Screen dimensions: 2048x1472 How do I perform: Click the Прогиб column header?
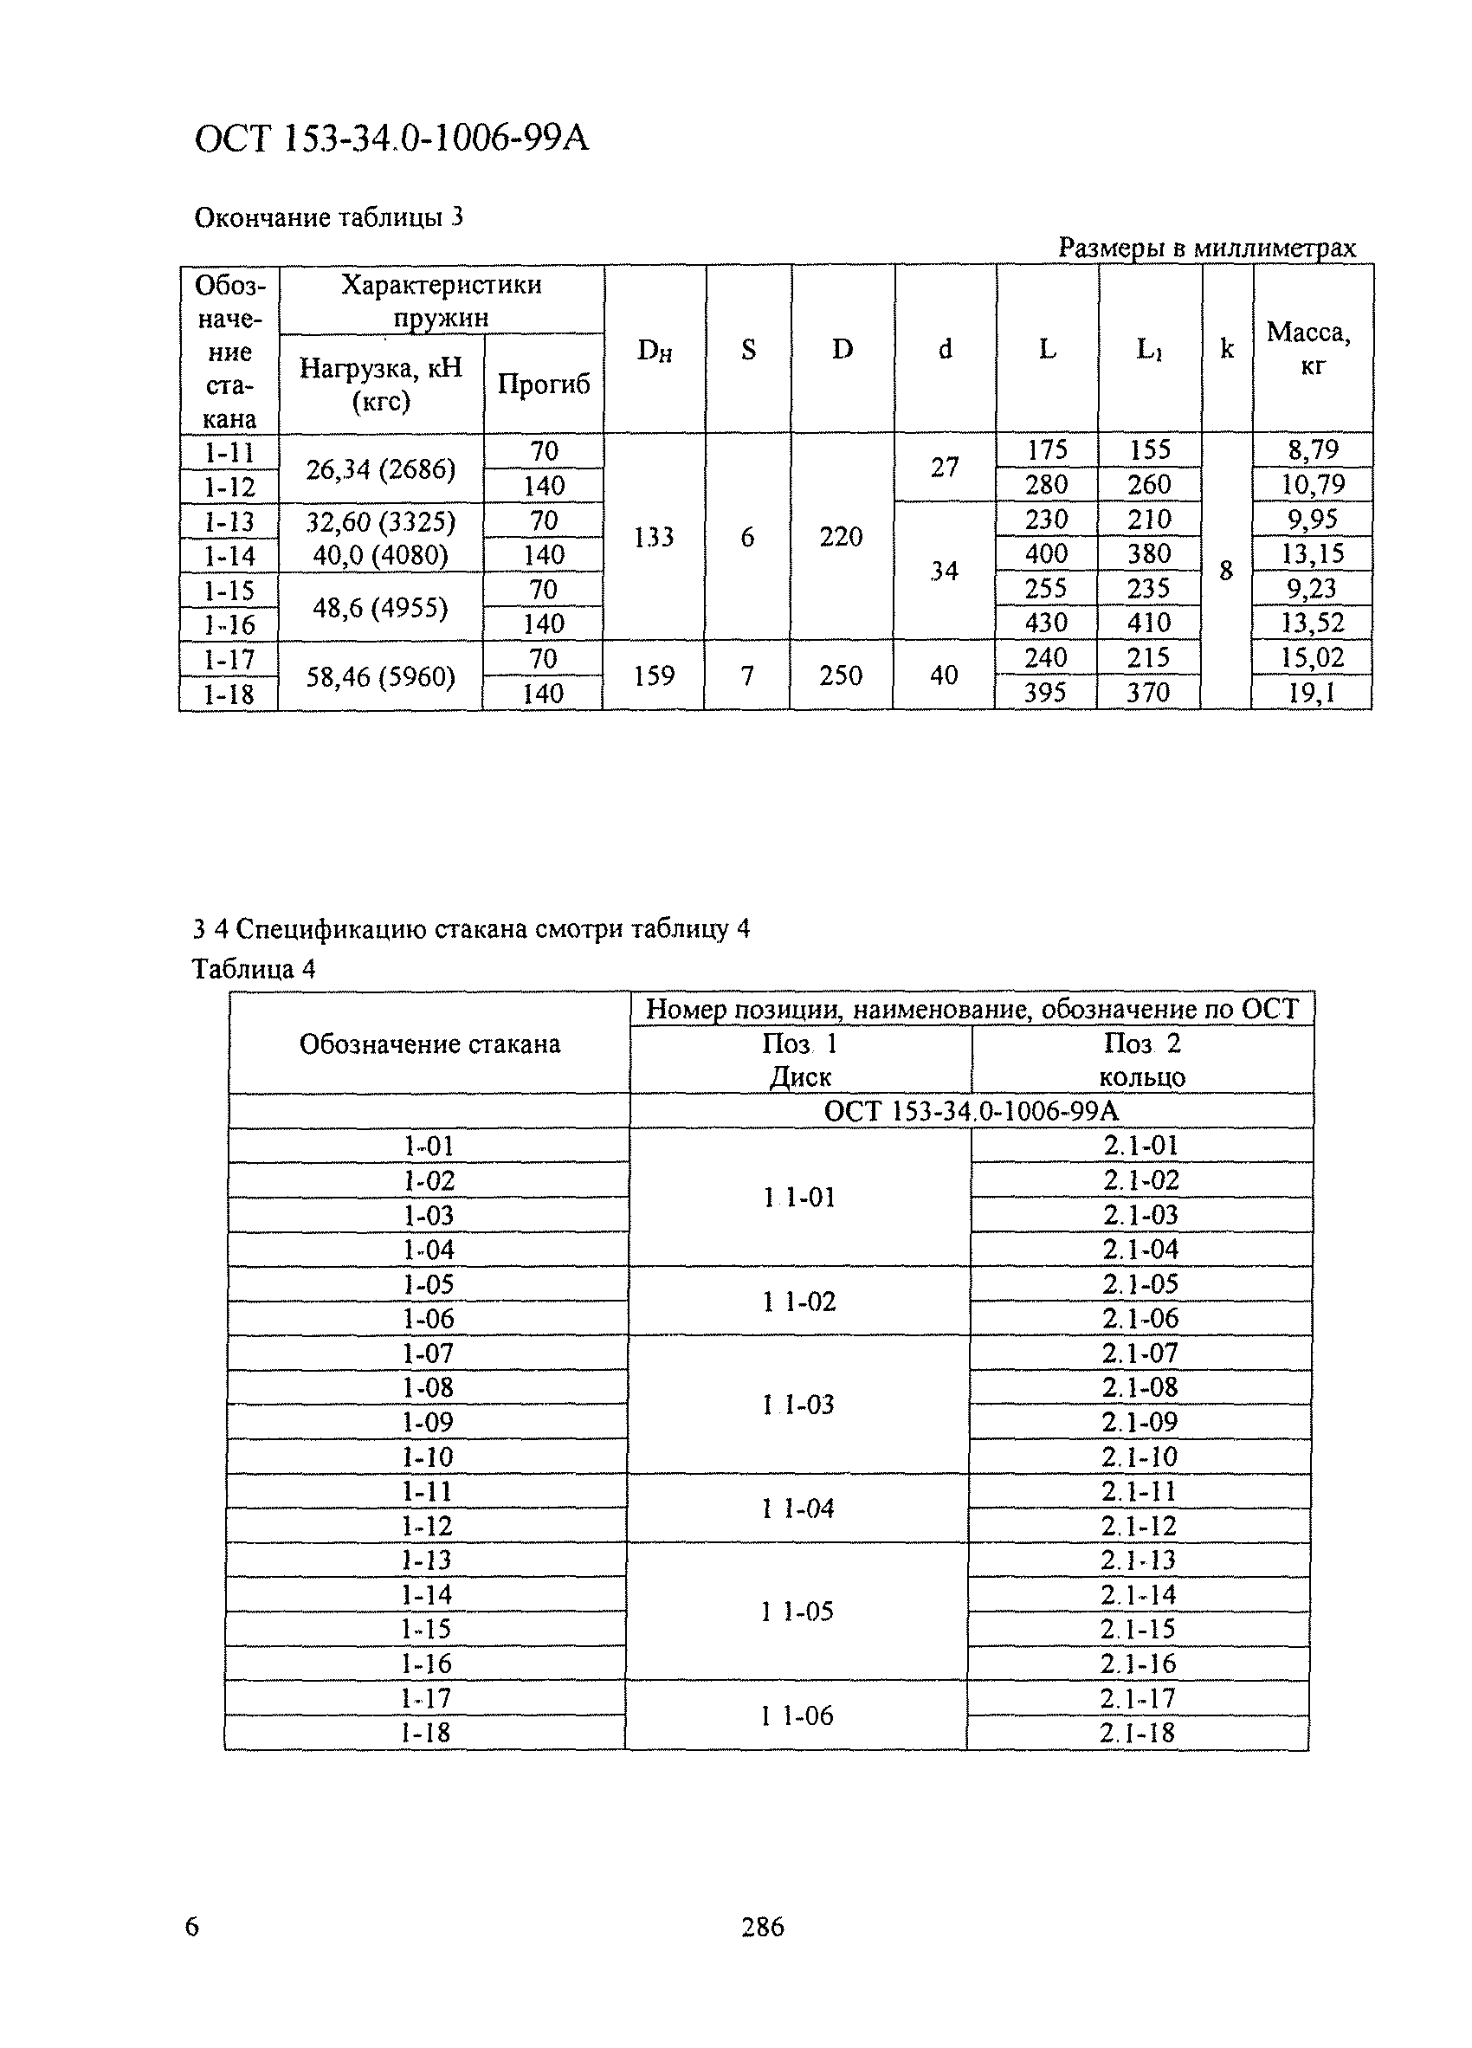(543, 384)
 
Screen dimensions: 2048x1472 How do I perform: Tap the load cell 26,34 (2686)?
(380, 468)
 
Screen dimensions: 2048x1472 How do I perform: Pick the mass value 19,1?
(1311, 693)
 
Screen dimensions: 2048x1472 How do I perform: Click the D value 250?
(840, 675)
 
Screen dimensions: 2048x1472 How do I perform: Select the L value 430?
(1046, 623)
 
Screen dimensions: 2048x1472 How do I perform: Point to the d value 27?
(944, 468)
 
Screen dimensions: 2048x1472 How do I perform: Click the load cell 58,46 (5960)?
(380, 676)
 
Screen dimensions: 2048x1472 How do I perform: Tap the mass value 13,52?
(1312, 623)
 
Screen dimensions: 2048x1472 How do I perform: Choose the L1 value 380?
(1148, 553)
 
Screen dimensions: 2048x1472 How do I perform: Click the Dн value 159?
(653, 675)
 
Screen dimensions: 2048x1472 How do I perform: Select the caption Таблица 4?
(254, 969)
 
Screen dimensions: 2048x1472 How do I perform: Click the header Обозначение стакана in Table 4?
(429, 1043)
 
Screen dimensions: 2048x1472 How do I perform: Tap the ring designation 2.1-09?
(1139, 1422)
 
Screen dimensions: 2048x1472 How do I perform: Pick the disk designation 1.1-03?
(798, 1405)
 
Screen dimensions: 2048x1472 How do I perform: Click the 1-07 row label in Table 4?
(427, 1353)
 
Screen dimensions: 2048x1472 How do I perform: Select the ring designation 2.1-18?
(1137, 1733)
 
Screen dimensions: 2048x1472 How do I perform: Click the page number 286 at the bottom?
(762, 1927)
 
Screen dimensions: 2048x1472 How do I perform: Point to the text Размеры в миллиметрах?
(1205, 248)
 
